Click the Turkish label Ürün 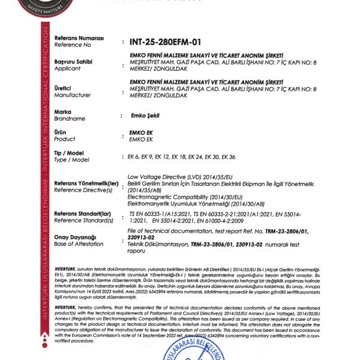(x=62, y=132)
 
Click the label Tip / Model (x=71, y=154)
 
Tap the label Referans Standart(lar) (x=82, y=213)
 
